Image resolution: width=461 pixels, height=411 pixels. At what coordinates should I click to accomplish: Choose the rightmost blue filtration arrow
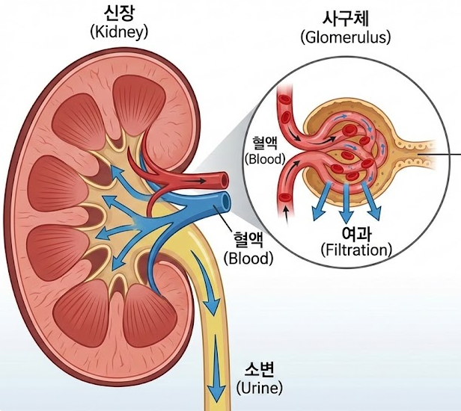[372, 204]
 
